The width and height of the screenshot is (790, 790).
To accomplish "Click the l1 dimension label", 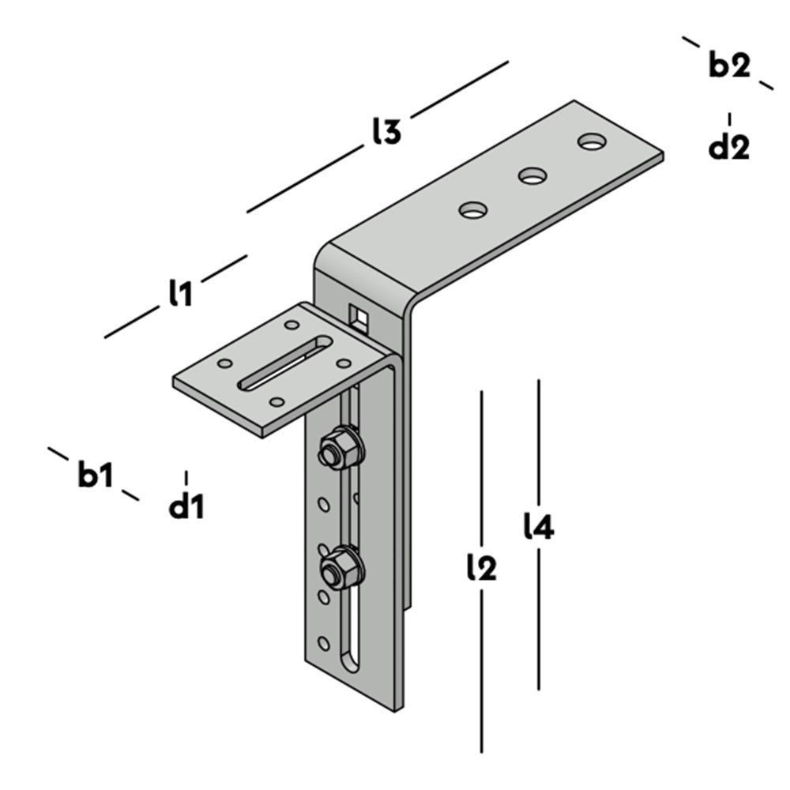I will pyautogui.click(x=180, y=294).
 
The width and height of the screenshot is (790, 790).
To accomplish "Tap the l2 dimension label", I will pyautogui.click(x=481, y=566).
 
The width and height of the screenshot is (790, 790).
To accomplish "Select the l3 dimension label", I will pyautogui.click(x=386, y=132).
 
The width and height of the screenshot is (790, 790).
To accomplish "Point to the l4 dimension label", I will pyautogui.click(x=539, y=527).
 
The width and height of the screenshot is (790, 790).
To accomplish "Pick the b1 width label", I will pyautogui.click(x=96, y=476).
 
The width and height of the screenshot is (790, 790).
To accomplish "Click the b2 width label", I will pyautogui.click(x=728, y=66).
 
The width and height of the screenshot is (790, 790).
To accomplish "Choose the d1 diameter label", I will pyautogui.click(x=186, y=506).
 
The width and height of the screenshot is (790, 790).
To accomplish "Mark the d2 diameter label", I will pyautogui.click(x=728, y=147).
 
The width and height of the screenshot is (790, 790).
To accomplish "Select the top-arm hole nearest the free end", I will pyautogui.click(x=592, y=142).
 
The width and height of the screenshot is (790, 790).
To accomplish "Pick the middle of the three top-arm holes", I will pyautogui.click(x=533, y=175).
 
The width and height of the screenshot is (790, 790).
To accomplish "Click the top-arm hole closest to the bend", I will pyautogui.click(x=473, y=210).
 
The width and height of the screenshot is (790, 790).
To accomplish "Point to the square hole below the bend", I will pyautogui.click(x=359, y=316).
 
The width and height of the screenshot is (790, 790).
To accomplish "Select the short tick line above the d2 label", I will pyautogui.click(x=729, y=119).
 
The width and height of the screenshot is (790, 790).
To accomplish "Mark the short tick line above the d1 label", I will pyautogui.click(x=186, y=478).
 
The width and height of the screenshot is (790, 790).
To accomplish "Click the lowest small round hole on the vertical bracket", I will pyautogui.click(x=322, y=642).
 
